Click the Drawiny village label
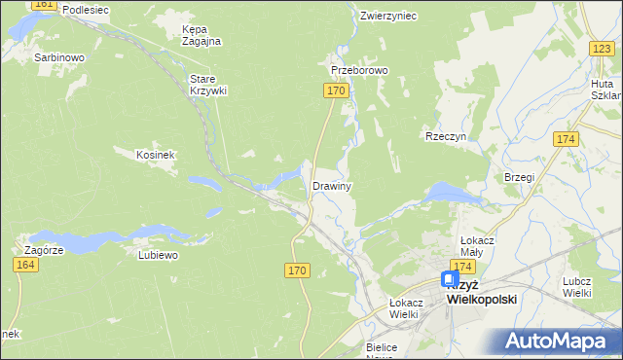(x=331, y=185)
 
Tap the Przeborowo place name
(x=359, y=71)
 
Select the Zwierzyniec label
(x=387, y=16)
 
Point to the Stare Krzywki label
(x=207, y=85)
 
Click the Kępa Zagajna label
(x=202, y=35)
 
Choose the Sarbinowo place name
(x=59, y=57)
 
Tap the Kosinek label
(x=155, y=155)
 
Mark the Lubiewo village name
(x=158, y=255)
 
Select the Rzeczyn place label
(x=446, y=137)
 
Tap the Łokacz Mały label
(x=479, y=244)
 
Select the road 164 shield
(x=26, y=265)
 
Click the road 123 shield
(x=601, y=48)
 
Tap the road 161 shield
(x=43, y=5)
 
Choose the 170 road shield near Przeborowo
(x=335, y=90)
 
